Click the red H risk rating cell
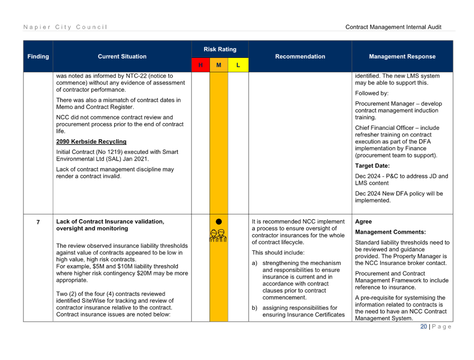pos(201,65)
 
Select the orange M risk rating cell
pos(219,65)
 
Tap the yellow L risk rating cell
pos(238,65)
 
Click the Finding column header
pos(38,56)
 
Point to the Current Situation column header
pos(122,56)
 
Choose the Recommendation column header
pos(300,56)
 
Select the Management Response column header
pos(403,56)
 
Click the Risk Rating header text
pos(220,50)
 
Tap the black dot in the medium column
pos(219,222)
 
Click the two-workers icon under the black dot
pos(218,236)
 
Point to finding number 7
pos(38,222)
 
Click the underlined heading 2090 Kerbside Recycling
pos(91,141)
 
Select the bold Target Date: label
pos(372,166)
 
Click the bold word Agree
pos(363,222)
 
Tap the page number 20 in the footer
pos(423,327)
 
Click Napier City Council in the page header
pos(65,27)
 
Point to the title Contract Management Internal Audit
pos(393,27)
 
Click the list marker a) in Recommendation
pos(254,263)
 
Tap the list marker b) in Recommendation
pos(254,308)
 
